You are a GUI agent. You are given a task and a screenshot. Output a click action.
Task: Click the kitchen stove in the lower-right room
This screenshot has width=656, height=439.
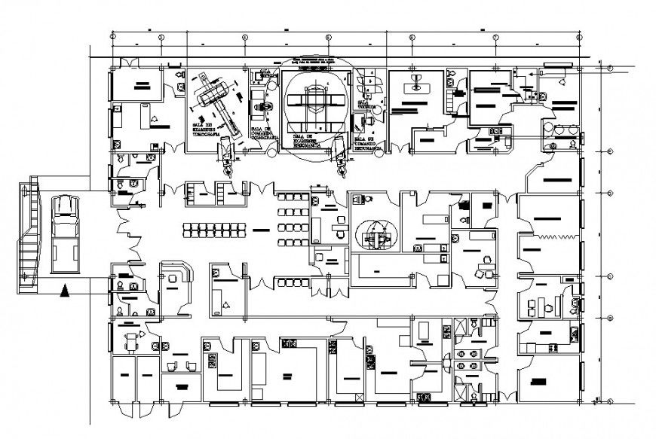click(x=553, y=347)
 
